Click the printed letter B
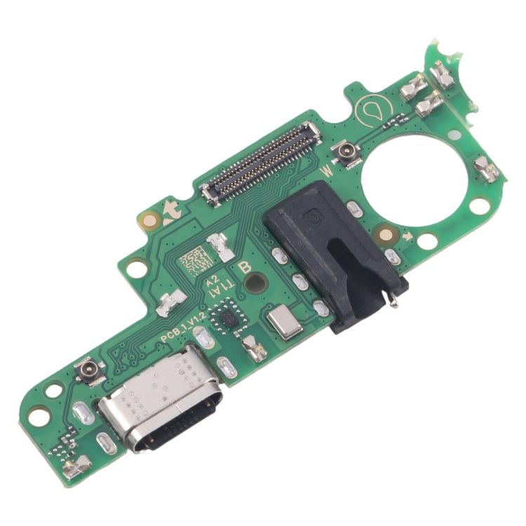pyautogui.click(x=245, y=267)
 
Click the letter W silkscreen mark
pyautogui.click(x=326, y=169)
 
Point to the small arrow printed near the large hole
pyautogui.click(x=407, y=236)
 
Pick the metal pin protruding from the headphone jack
pyautogui.click(x=395, y=303)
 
